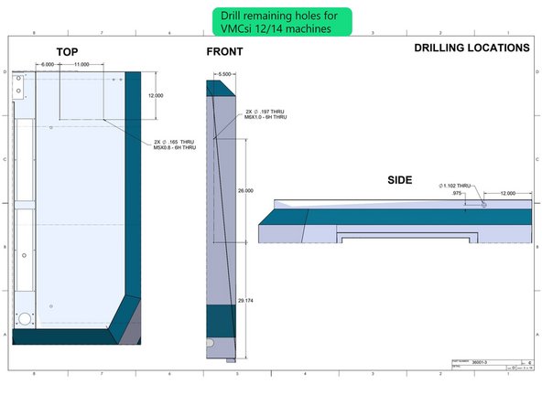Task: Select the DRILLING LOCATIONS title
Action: click(x=471, y=48)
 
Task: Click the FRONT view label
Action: click(x=224, y=52)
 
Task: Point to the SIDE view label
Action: click(x=401, y=181)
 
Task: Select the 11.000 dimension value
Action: click(x=81, y=65)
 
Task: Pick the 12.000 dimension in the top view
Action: click(x=157, y=95)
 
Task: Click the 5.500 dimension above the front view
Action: click(x=225, y=72)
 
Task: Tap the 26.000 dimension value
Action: click(x=245, y=190)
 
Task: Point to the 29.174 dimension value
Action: click(x=245, y=300)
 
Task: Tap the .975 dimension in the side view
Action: click(x=457, y=194)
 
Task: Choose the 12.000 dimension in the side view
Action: click(x=508, y=194)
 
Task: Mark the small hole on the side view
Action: click(x=484, y=204)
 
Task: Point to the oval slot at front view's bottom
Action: click(x=211, y=342)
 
